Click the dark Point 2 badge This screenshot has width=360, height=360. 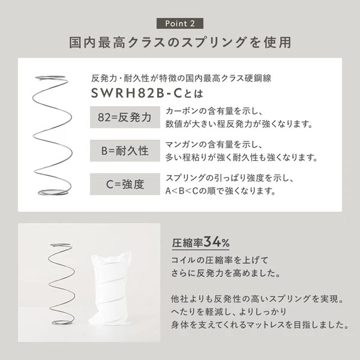tap(179, 23)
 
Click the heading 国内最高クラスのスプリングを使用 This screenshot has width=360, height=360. tap(180, 43)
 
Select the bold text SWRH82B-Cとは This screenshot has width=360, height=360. tap(147, 94)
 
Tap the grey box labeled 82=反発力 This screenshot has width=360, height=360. tap(125, 116)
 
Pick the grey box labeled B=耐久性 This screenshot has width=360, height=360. tap(125, 150)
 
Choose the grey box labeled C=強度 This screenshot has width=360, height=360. tap(125, 184)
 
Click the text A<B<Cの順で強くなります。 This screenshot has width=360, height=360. tap(220, 191)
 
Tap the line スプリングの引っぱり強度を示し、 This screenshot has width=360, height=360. tap(229, 179)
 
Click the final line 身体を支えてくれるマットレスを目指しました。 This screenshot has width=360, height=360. tap(260, 325)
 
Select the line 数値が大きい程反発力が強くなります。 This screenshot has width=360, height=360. tap(239, 125)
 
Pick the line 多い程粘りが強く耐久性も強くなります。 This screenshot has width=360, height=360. tap(241, 158)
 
